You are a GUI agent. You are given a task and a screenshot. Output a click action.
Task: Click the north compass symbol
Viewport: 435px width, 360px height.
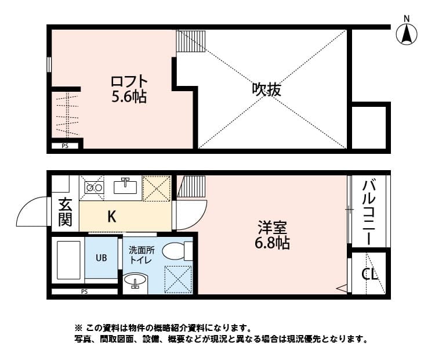(x=407, y=34)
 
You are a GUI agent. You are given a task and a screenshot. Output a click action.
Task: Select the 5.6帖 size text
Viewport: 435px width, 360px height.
(x=129, y=97)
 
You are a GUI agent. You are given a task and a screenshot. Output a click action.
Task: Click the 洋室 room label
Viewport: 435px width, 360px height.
(x=272, y=227)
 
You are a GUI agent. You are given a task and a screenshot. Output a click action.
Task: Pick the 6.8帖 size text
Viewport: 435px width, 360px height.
(x=272, y=242)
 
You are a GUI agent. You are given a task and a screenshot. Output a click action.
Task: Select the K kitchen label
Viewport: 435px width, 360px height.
(x=112, y=217)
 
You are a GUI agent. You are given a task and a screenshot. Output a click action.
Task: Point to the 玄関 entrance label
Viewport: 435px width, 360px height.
(x=65, y=213)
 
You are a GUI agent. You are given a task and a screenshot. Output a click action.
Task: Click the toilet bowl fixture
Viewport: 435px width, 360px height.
(x=176, y=251)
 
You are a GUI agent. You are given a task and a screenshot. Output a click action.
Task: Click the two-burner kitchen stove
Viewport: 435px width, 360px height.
(x=93, y=188)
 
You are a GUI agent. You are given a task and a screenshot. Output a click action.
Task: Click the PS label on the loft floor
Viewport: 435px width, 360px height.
(x=65, y=146)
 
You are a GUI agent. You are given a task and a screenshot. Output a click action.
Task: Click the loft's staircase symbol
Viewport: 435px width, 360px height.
(x=191, y=41)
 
